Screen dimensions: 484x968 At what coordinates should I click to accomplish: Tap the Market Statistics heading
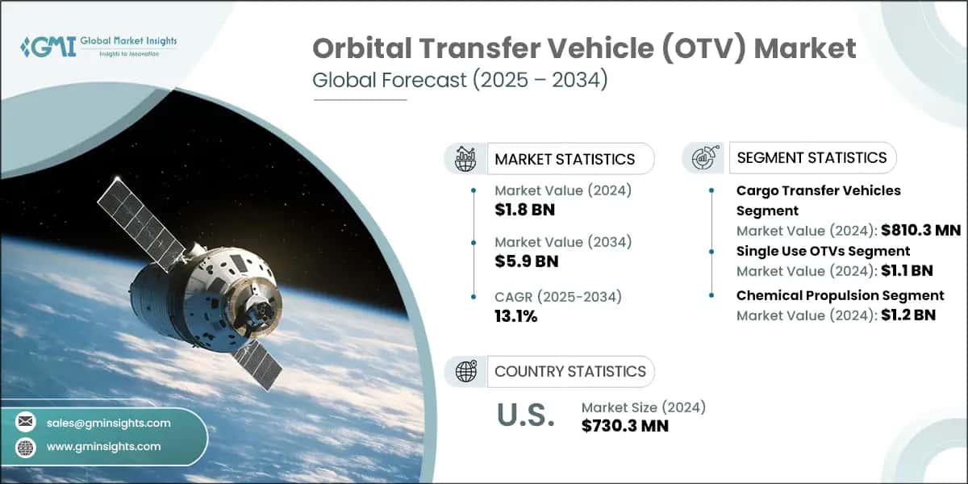click(565, 159)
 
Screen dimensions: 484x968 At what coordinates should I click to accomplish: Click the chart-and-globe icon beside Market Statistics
click(465, 159)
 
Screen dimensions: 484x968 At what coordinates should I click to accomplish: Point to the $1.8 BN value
click(524, 211)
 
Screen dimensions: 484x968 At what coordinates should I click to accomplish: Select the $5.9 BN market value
click(526, 261)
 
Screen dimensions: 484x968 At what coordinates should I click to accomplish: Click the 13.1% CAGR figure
click(515, 315)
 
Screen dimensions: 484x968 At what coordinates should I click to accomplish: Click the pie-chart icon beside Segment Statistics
click(703, 158)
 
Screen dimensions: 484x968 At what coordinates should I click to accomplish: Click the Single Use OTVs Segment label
click(823, 251)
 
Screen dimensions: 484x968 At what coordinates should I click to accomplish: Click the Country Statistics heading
click(570, 371)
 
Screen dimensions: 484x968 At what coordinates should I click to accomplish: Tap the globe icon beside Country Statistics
click(465, 371)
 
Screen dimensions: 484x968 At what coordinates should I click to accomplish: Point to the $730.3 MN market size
click(624, 426)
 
